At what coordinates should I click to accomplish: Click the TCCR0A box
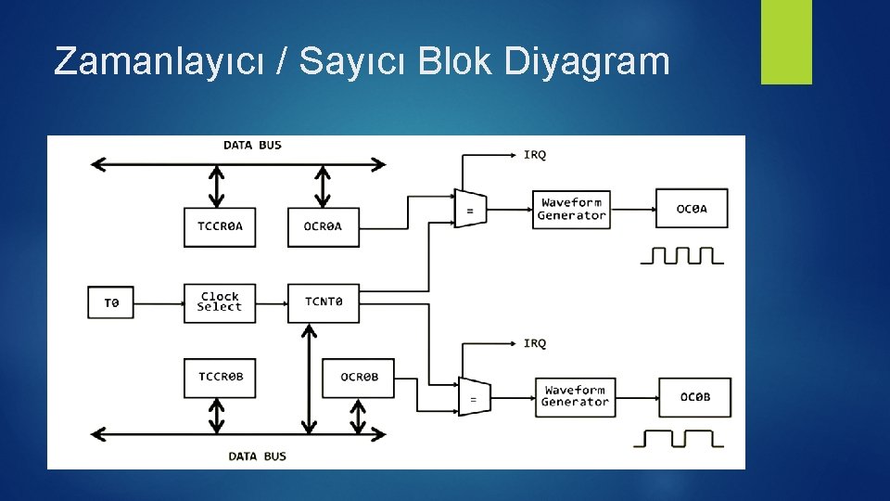point(220,226)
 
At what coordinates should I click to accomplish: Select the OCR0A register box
point(323,226)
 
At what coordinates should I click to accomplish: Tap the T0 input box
point(111,302)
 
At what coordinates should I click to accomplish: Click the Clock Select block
point(220,302)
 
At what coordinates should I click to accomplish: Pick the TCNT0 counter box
point(323,302)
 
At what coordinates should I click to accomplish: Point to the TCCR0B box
point(220,377)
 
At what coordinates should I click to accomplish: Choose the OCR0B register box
point(358,377)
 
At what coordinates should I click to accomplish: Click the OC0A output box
point(692,209)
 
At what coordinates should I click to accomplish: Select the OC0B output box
point(695,397)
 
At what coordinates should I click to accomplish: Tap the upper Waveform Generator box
point(571,209)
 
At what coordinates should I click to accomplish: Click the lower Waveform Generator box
point(575,396)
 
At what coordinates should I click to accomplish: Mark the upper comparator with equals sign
point(468,208)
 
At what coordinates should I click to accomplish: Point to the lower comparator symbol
point(473,397)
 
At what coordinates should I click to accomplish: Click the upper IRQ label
point(535,154)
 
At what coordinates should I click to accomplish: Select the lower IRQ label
point(535,343)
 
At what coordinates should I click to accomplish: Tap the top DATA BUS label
point(252,145)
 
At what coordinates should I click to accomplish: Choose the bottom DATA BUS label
point(257,456)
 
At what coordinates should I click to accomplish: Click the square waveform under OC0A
point(681,254)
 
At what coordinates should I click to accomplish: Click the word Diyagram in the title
point(587,61)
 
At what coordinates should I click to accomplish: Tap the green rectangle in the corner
point(786,42)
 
